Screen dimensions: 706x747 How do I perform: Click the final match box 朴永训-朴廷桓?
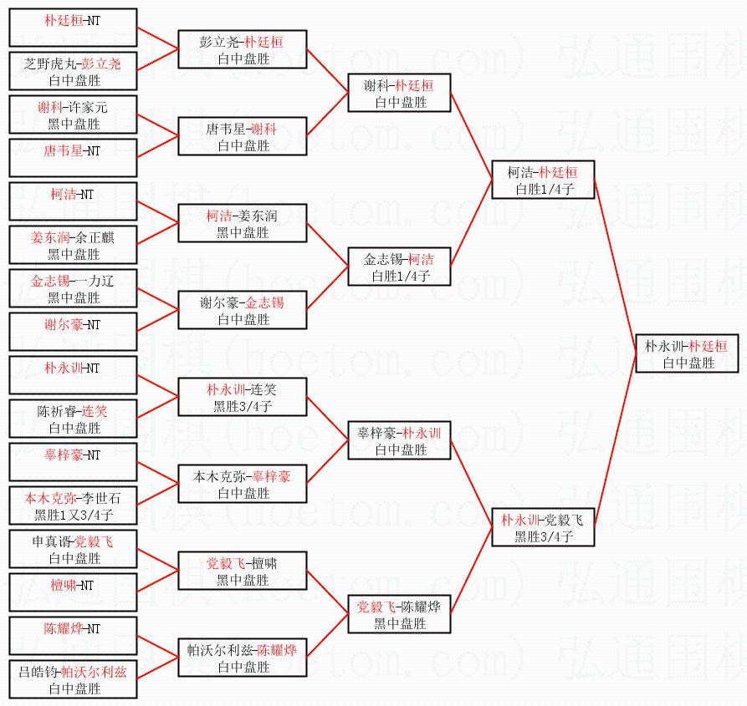687,353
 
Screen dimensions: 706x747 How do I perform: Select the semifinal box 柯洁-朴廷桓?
543,180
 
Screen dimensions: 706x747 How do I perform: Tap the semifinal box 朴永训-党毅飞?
543,527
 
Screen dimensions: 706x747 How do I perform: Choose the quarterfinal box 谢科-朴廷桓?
400,93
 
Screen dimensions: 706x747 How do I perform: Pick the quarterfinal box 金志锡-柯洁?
400,267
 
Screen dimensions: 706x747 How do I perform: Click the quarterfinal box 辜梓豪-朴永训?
400,440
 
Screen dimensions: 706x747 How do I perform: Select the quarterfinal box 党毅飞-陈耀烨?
400,614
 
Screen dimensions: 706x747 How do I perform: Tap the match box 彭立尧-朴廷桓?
243,49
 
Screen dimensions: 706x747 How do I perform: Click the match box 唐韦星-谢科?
243,136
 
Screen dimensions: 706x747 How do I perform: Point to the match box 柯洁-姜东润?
243,223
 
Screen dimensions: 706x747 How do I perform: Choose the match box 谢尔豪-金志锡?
243,310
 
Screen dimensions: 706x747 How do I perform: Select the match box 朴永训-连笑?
243,397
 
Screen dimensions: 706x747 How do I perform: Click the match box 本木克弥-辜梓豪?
243,484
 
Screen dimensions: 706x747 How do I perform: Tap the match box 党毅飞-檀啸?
243,571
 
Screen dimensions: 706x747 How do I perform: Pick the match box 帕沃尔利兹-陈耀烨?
243,658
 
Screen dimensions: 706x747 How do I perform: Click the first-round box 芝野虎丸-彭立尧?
73,71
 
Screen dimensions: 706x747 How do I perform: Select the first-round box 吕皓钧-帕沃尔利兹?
73,679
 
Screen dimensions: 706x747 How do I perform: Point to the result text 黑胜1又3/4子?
74,515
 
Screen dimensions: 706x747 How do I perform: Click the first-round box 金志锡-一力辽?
73,288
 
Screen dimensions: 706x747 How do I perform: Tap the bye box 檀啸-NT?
73,592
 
